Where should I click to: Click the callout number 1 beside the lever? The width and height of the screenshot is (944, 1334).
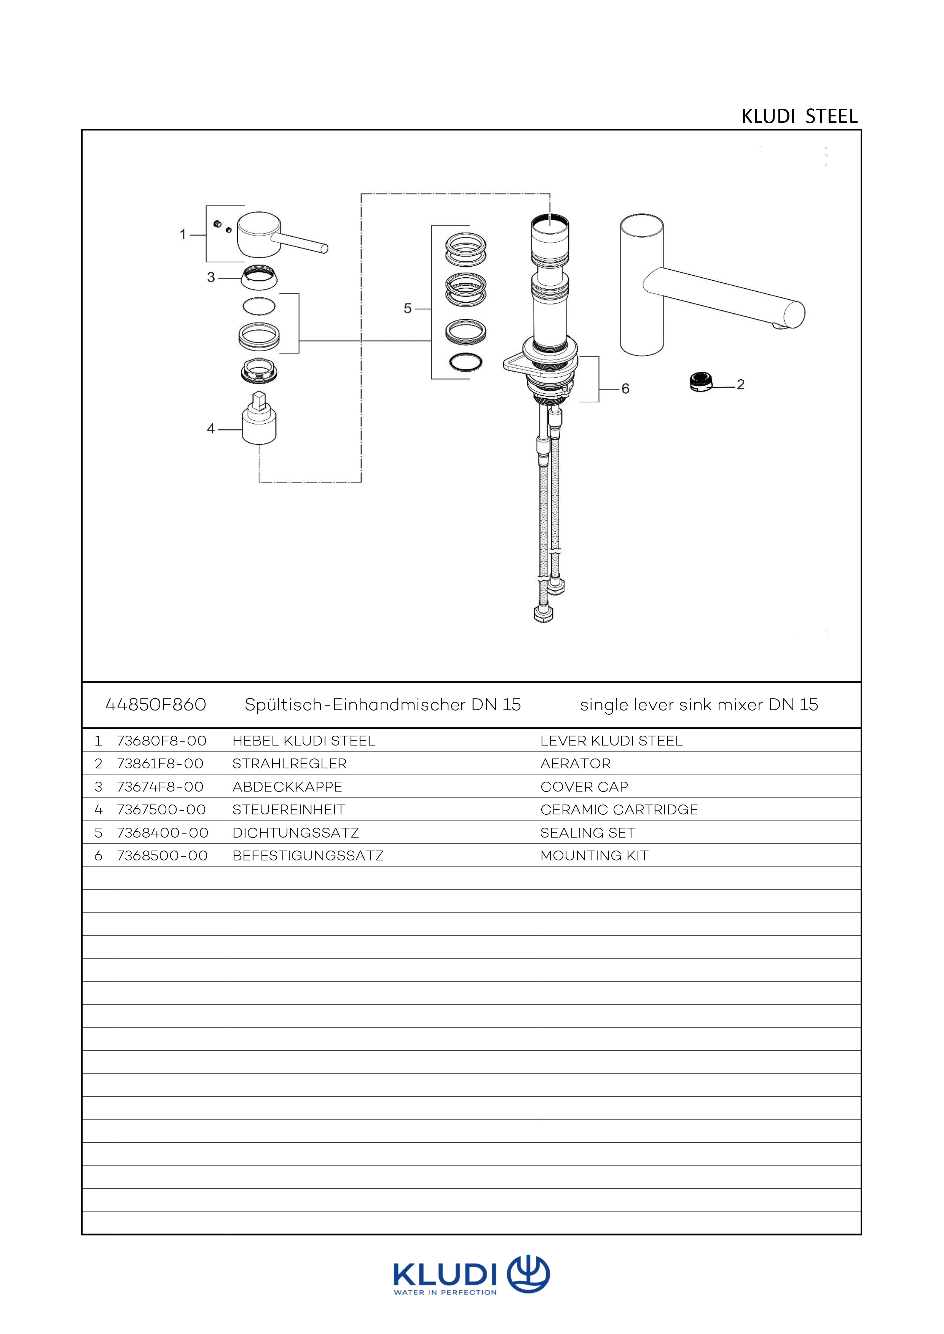click(x=183, y=234)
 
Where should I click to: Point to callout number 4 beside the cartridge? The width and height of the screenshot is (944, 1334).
click(x=210, y=429)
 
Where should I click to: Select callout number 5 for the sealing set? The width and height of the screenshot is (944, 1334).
click(x=407, y=308)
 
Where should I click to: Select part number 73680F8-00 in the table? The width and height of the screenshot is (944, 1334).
click(x=162, y=741)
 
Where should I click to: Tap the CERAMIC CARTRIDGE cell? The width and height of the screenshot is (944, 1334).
click(x=619, y=809)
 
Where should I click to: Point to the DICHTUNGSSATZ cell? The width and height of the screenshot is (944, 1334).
click(x=295, y=833)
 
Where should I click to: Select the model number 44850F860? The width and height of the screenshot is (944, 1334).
click(x=155, y=705)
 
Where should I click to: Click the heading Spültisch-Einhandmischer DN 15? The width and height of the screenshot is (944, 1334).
click(x=383, y=705)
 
